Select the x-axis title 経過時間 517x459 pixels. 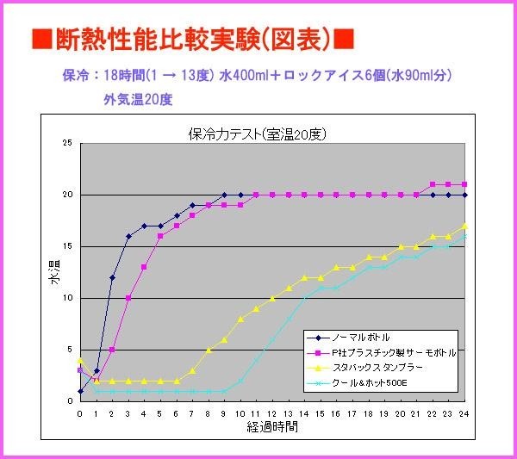pos(272,427)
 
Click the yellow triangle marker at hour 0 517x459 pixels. pos(80,360)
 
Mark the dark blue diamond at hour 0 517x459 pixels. pos(80,391)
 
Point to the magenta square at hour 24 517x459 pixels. pos(465,184)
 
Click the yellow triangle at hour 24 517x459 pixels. pos(465,226)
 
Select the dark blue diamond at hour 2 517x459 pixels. pos(112,277)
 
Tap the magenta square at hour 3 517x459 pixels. pos(128,298)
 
